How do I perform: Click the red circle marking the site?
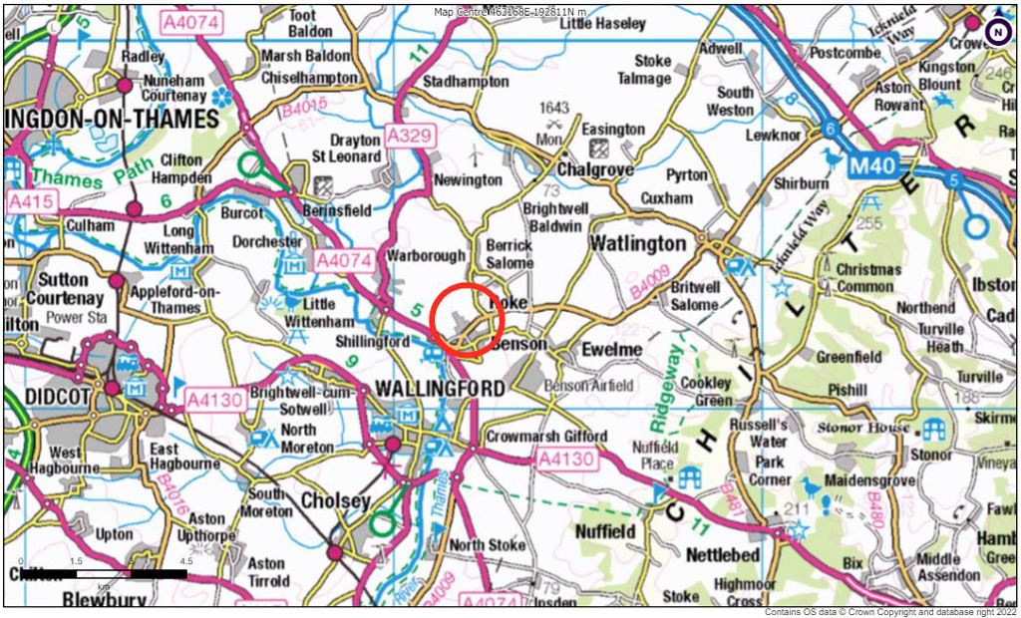[x=468, y=320]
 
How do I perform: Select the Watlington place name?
[x=638, y=244]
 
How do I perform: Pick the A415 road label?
[x=29, y=202]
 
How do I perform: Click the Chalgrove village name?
[x=595, y=170]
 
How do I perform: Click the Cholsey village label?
[x=335, y=500]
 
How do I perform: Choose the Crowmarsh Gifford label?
[x=546, y=437]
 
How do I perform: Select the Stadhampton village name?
[x=466, y=82]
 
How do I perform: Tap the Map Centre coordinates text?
[x=510, y=12]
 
